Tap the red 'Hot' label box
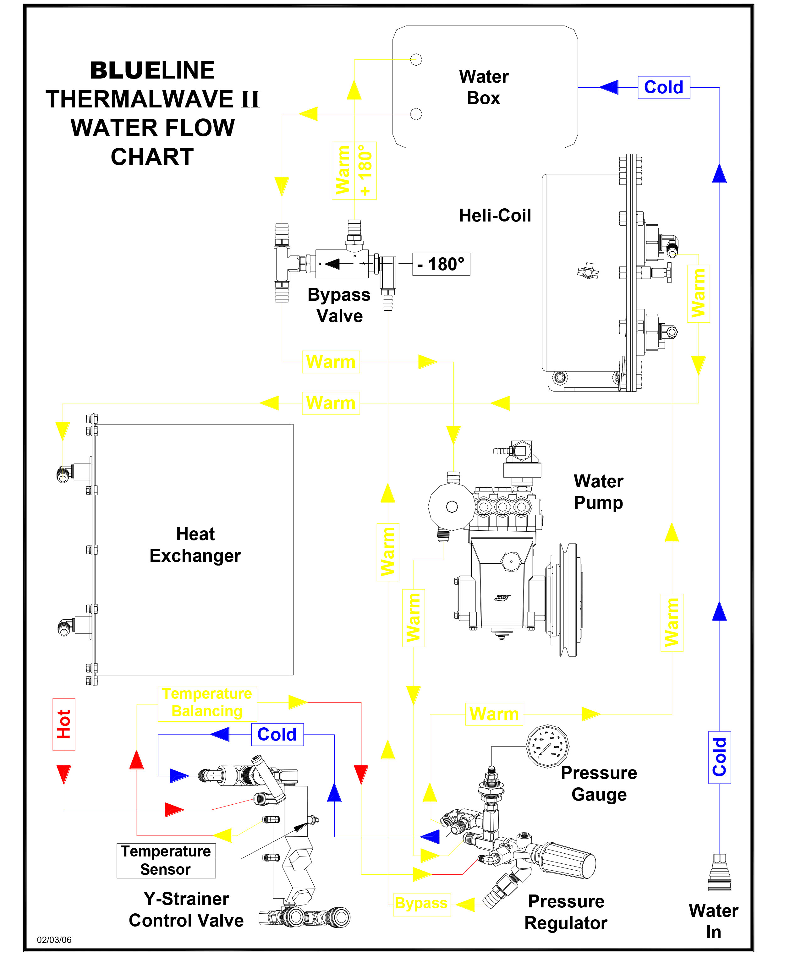click(64, 724)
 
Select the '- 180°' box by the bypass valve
click(441, 264)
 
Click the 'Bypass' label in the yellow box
click(421, 903)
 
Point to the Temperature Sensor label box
click(166, 860)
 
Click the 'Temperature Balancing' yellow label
click(207, 703)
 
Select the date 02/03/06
click(54, 940)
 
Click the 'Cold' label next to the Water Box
click(663, 87)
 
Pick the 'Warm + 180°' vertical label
click(354, 171)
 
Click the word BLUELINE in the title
click(152, 70)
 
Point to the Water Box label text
click(484, 87)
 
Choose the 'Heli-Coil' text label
click(495, 216)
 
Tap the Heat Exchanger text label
click(195, 545)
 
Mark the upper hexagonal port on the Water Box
click(416, 60)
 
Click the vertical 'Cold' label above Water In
click(720, 758)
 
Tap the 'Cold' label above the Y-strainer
click(277, 734)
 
